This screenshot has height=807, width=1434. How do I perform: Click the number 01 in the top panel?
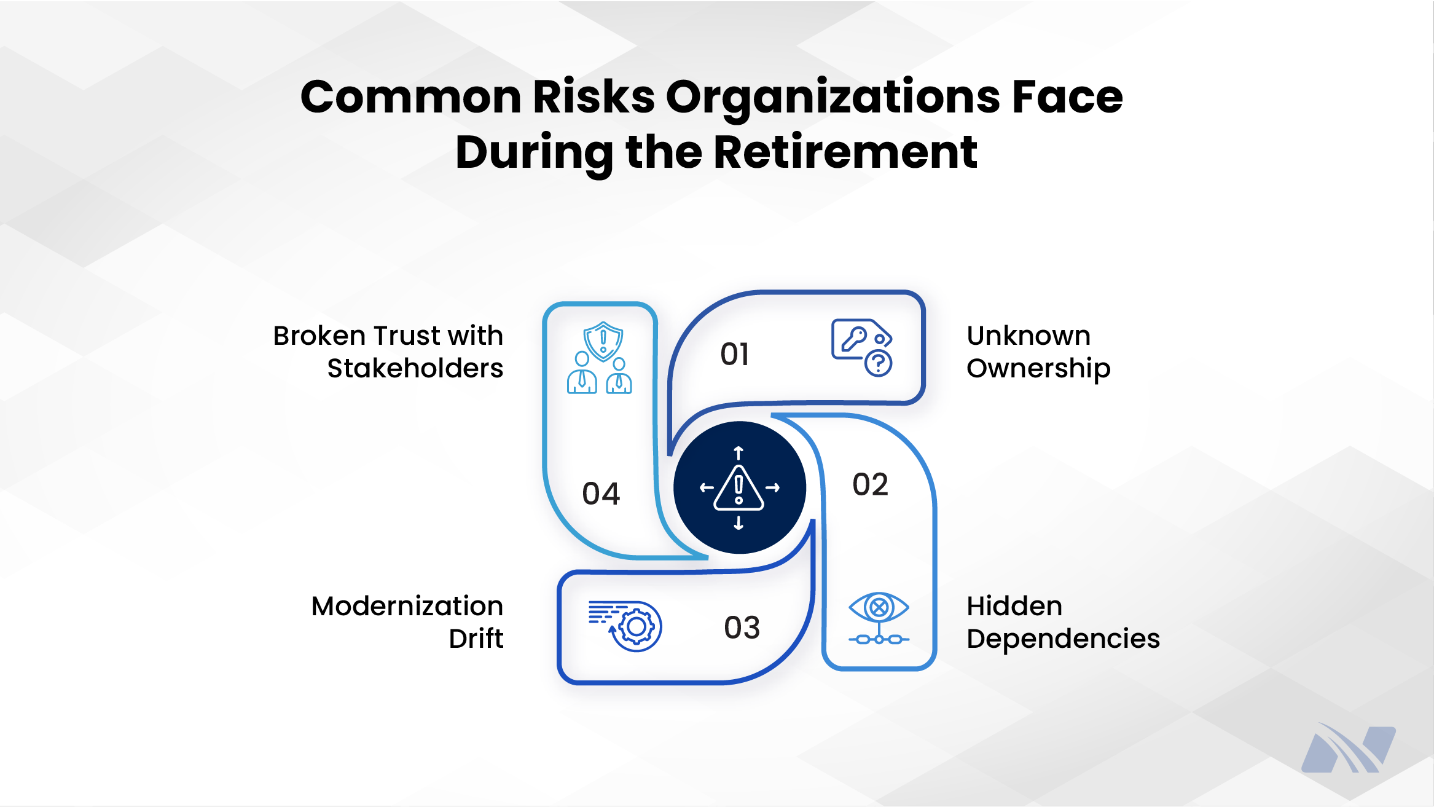(735, 355)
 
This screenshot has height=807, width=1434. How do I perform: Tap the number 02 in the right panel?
(870, 485)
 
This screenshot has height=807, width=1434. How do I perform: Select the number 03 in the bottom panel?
(742, 628)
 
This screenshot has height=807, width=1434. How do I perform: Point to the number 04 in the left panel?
(601, 494)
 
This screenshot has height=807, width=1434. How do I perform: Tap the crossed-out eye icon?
(879, 608)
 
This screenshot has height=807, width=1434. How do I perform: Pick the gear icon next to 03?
(636, 627)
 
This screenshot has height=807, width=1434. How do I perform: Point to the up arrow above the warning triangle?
(739, 454)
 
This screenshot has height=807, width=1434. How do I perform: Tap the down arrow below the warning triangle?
(739, 523)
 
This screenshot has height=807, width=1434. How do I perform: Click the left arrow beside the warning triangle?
(707, 488)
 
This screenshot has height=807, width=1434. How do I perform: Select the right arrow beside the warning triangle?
(773, 488)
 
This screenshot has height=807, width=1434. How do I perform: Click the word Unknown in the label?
(1028, 336)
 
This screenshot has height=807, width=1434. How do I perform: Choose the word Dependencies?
(1063, 639)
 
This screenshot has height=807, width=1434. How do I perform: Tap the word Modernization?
(407, 607)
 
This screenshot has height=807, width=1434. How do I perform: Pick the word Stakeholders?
(415, 369)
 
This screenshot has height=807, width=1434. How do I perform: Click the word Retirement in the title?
(845, 152)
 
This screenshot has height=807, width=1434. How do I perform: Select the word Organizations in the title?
(833, 97)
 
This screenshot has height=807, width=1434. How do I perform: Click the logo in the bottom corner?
(1348, 749)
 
